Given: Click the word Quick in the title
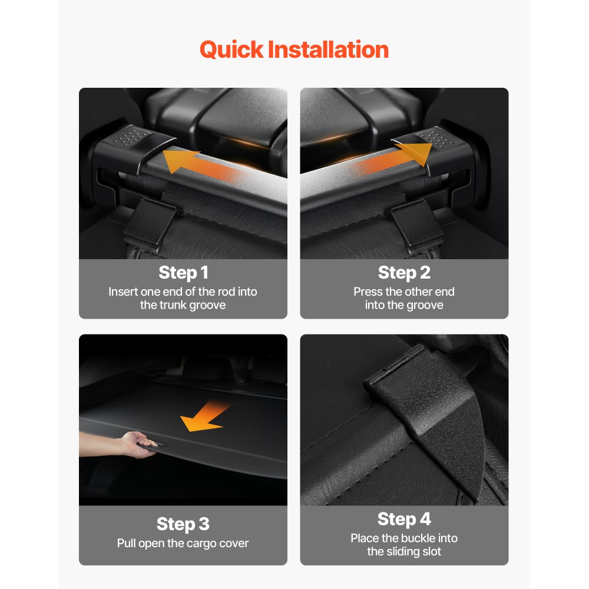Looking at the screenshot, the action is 231,50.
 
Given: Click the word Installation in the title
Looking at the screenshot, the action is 328,49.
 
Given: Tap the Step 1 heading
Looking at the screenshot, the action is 183,273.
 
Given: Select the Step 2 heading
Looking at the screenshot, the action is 404,273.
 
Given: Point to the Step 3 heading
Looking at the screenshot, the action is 183,524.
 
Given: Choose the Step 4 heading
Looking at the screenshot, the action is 404,519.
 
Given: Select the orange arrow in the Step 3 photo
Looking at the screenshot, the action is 205,416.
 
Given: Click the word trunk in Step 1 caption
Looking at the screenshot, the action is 171,305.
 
